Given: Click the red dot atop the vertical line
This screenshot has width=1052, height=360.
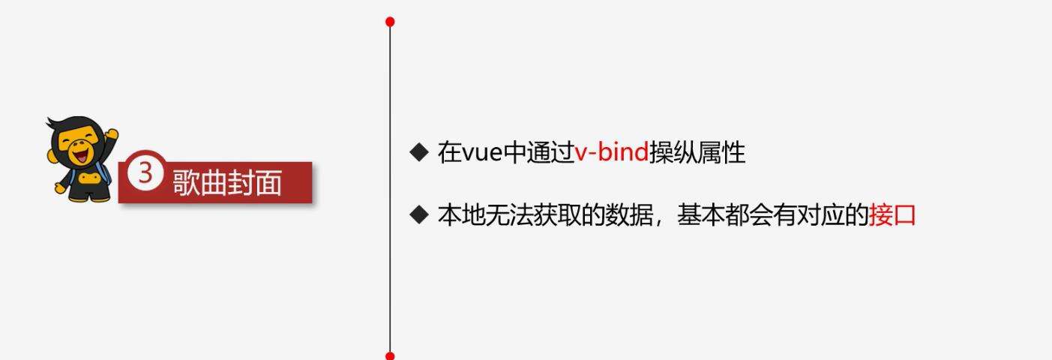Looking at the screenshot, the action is tap(390, 22).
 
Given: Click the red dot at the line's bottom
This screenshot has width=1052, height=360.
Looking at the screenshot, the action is tap(390, 355).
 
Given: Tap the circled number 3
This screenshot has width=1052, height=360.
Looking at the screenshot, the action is tap(145, 172).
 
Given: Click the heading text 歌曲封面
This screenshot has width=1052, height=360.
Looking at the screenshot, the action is tap(227, 183).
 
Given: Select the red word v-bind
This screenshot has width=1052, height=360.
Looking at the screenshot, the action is tap(612, 152).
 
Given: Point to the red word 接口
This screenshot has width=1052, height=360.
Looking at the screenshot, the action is tap(892, 215).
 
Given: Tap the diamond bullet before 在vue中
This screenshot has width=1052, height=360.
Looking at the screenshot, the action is tap(419, 152).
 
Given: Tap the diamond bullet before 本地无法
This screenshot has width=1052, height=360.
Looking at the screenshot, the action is tap(419, 214).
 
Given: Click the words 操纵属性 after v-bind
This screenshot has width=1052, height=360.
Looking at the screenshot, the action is tap(697, 152).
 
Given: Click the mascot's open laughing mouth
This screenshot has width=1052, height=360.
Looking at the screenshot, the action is tap(81, 155).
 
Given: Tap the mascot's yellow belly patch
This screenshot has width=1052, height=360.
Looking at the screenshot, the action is tap(88, 178).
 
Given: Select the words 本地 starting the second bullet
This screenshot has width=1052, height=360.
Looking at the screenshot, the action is tap(461, 215).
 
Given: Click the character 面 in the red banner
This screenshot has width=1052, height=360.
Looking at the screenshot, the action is tap(268, 183).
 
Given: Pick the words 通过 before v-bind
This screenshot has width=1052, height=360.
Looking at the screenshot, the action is tap(550, 152).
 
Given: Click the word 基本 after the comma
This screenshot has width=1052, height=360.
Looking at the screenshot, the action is tap(700, 215).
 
